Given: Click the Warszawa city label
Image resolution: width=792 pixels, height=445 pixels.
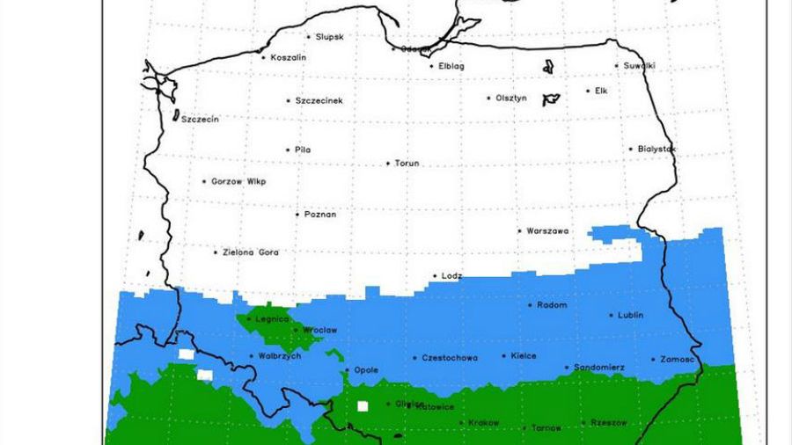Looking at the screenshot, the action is (547, 231).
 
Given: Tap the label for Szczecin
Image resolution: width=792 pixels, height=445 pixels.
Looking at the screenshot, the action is (200, 119).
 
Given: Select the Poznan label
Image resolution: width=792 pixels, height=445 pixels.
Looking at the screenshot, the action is (320, 214).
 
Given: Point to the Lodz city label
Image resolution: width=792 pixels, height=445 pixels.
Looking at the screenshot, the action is (451, 275).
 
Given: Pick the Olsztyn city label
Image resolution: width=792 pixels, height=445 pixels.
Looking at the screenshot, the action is (511, 98).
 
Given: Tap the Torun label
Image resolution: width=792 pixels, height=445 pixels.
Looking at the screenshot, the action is (407, 164).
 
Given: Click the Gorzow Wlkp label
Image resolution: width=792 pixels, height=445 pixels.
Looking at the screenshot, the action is (238, 181).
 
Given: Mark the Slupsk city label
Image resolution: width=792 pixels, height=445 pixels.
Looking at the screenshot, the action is (329, 37).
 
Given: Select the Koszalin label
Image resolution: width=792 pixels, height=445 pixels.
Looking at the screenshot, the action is (289, 57).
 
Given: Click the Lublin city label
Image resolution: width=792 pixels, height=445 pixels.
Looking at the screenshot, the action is (630, 315).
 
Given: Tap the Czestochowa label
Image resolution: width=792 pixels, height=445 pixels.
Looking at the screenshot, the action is (450, 358).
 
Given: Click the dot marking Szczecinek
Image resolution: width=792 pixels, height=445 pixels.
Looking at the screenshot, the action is (288, 100).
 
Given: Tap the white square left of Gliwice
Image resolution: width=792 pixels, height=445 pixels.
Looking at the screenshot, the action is (362, 405).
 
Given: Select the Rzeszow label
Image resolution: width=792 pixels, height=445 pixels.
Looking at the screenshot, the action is (609, 423).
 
